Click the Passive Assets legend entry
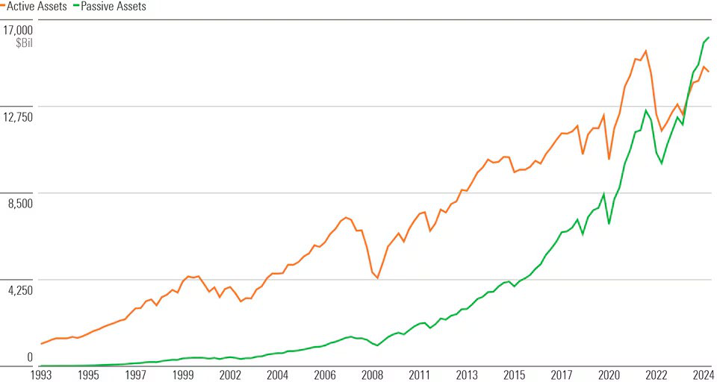pos(109,7)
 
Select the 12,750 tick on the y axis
pos(17,117)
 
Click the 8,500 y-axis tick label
pos(19,204)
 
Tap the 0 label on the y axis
pos(30,357)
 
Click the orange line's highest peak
pos(645,51)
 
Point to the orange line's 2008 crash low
pos(378,278)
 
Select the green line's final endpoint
pos(708,37)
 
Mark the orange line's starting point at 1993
pos(40,344)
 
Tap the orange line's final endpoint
pos(708,72)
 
